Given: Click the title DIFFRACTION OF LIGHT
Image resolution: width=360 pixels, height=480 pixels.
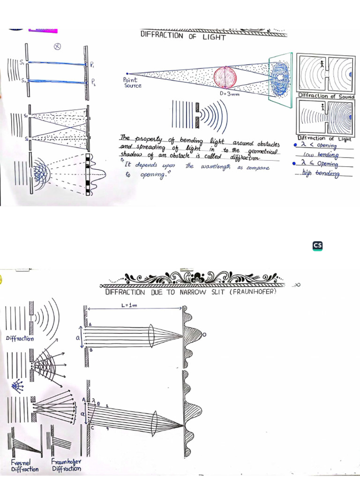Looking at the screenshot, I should click(x=183, y=36).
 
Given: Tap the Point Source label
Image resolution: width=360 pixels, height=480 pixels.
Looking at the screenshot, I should click(x=133, y=83).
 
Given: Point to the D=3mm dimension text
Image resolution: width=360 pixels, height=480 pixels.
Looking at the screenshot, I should click(x=230, y=94).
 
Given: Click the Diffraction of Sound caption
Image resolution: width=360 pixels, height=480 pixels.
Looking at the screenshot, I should click(x=326, y=96).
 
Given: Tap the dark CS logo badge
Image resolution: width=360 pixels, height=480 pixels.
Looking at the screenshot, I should click(x=317, y=246).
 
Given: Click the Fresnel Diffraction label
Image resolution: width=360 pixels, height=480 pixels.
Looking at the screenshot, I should click(x=22, y=465).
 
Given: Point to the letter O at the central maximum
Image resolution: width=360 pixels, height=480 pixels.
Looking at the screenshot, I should click(x=204, y=334).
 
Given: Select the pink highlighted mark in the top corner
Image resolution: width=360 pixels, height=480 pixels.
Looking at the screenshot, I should click(x=43, y=30).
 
